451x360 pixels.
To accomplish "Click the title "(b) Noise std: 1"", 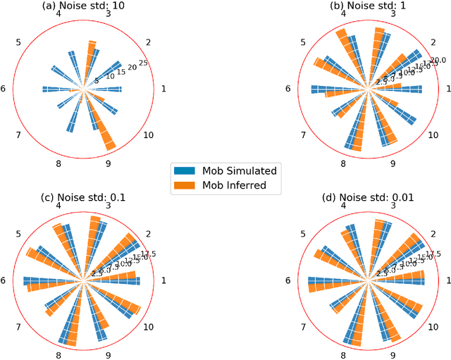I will (367, 6).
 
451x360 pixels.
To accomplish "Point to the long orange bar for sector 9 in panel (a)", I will (104, 131).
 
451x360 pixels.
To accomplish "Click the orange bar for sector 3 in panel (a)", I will (91, 56).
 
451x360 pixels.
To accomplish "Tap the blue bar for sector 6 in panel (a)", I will (56, 89).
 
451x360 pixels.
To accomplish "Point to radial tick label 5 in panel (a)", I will (98, 82).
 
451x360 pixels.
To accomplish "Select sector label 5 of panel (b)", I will (303, 42).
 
